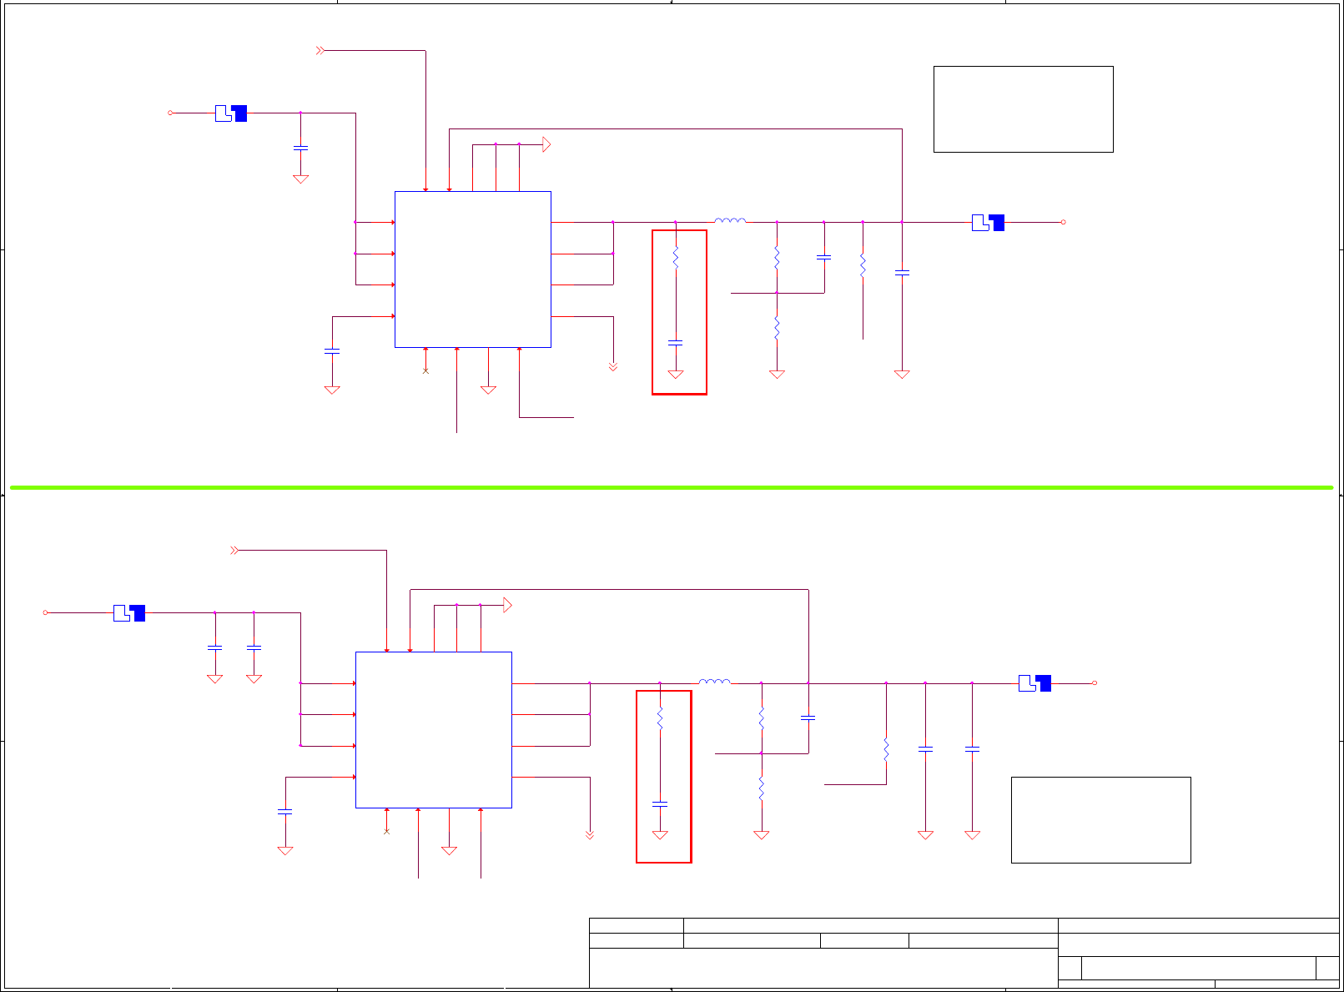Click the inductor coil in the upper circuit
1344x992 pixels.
(x=730, y=221)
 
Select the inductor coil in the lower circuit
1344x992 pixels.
(x=714, y=682)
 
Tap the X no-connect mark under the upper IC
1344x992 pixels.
(x=425, y=370)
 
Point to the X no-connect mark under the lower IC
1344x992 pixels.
(x=386, y=831)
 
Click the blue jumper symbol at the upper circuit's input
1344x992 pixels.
(x=231, y=113)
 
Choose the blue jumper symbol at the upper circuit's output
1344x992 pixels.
(x=988, y=223)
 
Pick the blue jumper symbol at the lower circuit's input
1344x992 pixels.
(x=129, y=613)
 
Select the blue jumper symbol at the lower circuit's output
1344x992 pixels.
(x=1034, y=683)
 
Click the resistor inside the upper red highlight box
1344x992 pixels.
(x=676, y=259)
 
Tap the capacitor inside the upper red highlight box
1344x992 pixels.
(x=676, y=342)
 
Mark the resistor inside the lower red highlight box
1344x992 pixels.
(x=660, y=718)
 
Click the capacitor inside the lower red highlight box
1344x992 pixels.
(x=660, y=803)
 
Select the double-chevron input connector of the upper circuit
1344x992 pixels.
(x=320, y=51)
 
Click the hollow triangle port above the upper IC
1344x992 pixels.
(x=546, y=144)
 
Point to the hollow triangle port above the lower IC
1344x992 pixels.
(x=507, y=605)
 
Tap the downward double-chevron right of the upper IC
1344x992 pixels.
(x=613, y=366)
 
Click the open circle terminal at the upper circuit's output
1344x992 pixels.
(x=1063, y=222)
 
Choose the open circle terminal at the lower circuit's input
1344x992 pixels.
(x=46, y=612)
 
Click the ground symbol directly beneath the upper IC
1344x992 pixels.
(x=489, y=389)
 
